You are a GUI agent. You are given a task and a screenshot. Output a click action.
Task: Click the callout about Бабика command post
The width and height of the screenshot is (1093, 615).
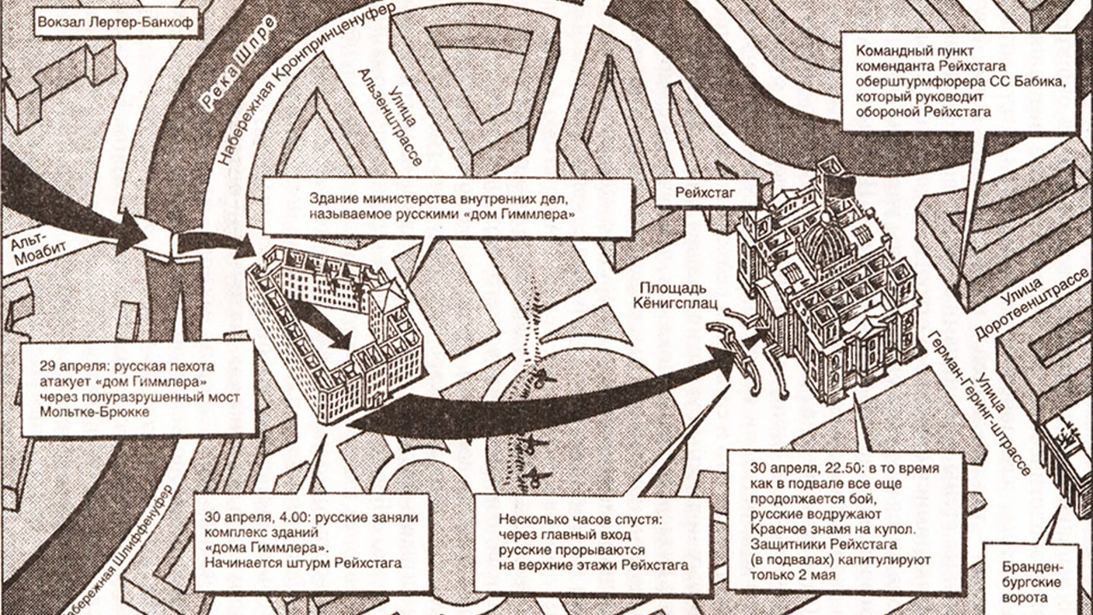pos(958,82)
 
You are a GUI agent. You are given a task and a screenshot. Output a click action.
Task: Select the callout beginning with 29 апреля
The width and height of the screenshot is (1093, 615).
pos(137,389)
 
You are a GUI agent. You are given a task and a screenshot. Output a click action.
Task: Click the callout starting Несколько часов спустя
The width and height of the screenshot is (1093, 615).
pos(592,542)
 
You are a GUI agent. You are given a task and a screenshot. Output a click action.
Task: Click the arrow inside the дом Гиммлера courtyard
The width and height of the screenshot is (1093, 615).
pos(321,325)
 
